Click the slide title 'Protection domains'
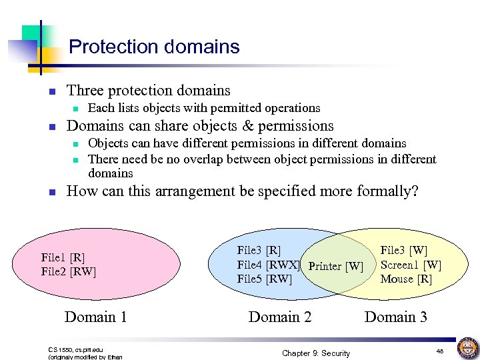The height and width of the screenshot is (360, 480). [154, 47]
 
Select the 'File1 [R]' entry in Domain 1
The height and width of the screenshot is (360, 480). [63, 258]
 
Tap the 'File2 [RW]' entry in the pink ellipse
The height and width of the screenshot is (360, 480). [68, 271]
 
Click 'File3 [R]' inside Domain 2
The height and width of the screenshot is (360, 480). [259, 251]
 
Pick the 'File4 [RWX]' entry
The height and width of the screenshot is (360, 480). [268, 265]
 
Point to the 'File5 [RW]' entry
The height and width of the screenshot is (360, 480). [264, 279]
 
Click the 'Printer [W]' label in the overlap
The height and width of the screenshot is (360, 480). [336, 266]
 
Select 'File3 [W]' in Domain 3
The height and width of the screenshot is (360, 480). [403, 251]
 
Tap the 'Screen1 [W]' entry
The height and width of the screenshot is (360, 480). [410, 265]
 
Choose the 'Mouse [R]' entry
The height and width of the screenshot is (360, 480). [406, 279]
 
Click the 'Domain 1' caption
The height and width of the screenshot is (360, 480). [95, 317]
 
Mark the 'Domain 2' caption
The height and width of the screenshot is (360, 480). [279, 317]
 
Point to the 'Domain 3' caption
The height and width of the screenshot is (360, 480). [395, 317]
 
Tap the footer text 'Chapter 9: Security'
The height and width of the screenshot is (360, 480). [315, 353]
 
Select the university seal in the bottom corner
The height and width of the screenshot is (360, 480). [467, 348]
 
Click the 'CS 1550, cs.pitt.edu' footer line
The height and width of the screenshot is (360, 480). [75, 349]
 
